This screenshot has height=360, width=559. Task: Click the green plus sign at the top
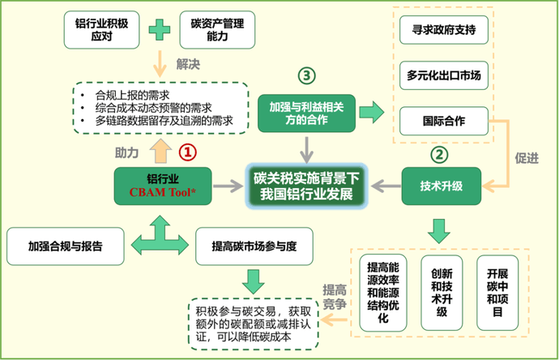160,29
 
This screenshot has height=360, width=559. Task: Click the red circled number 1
187,152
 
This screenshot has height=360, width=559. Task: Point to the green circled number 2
438,152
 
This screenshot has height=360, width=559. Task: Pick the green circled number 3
305,75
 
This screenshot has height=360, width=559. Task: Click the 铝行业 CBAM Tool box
162,185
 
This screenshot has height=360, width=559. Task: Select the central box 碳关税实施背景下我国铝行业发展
307,186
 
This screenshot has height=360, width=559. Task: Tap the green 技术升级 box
442,186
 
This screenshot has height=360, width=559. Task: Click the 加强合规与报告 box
64,244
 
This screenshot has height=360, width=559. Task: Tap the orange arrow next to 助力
160,150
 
